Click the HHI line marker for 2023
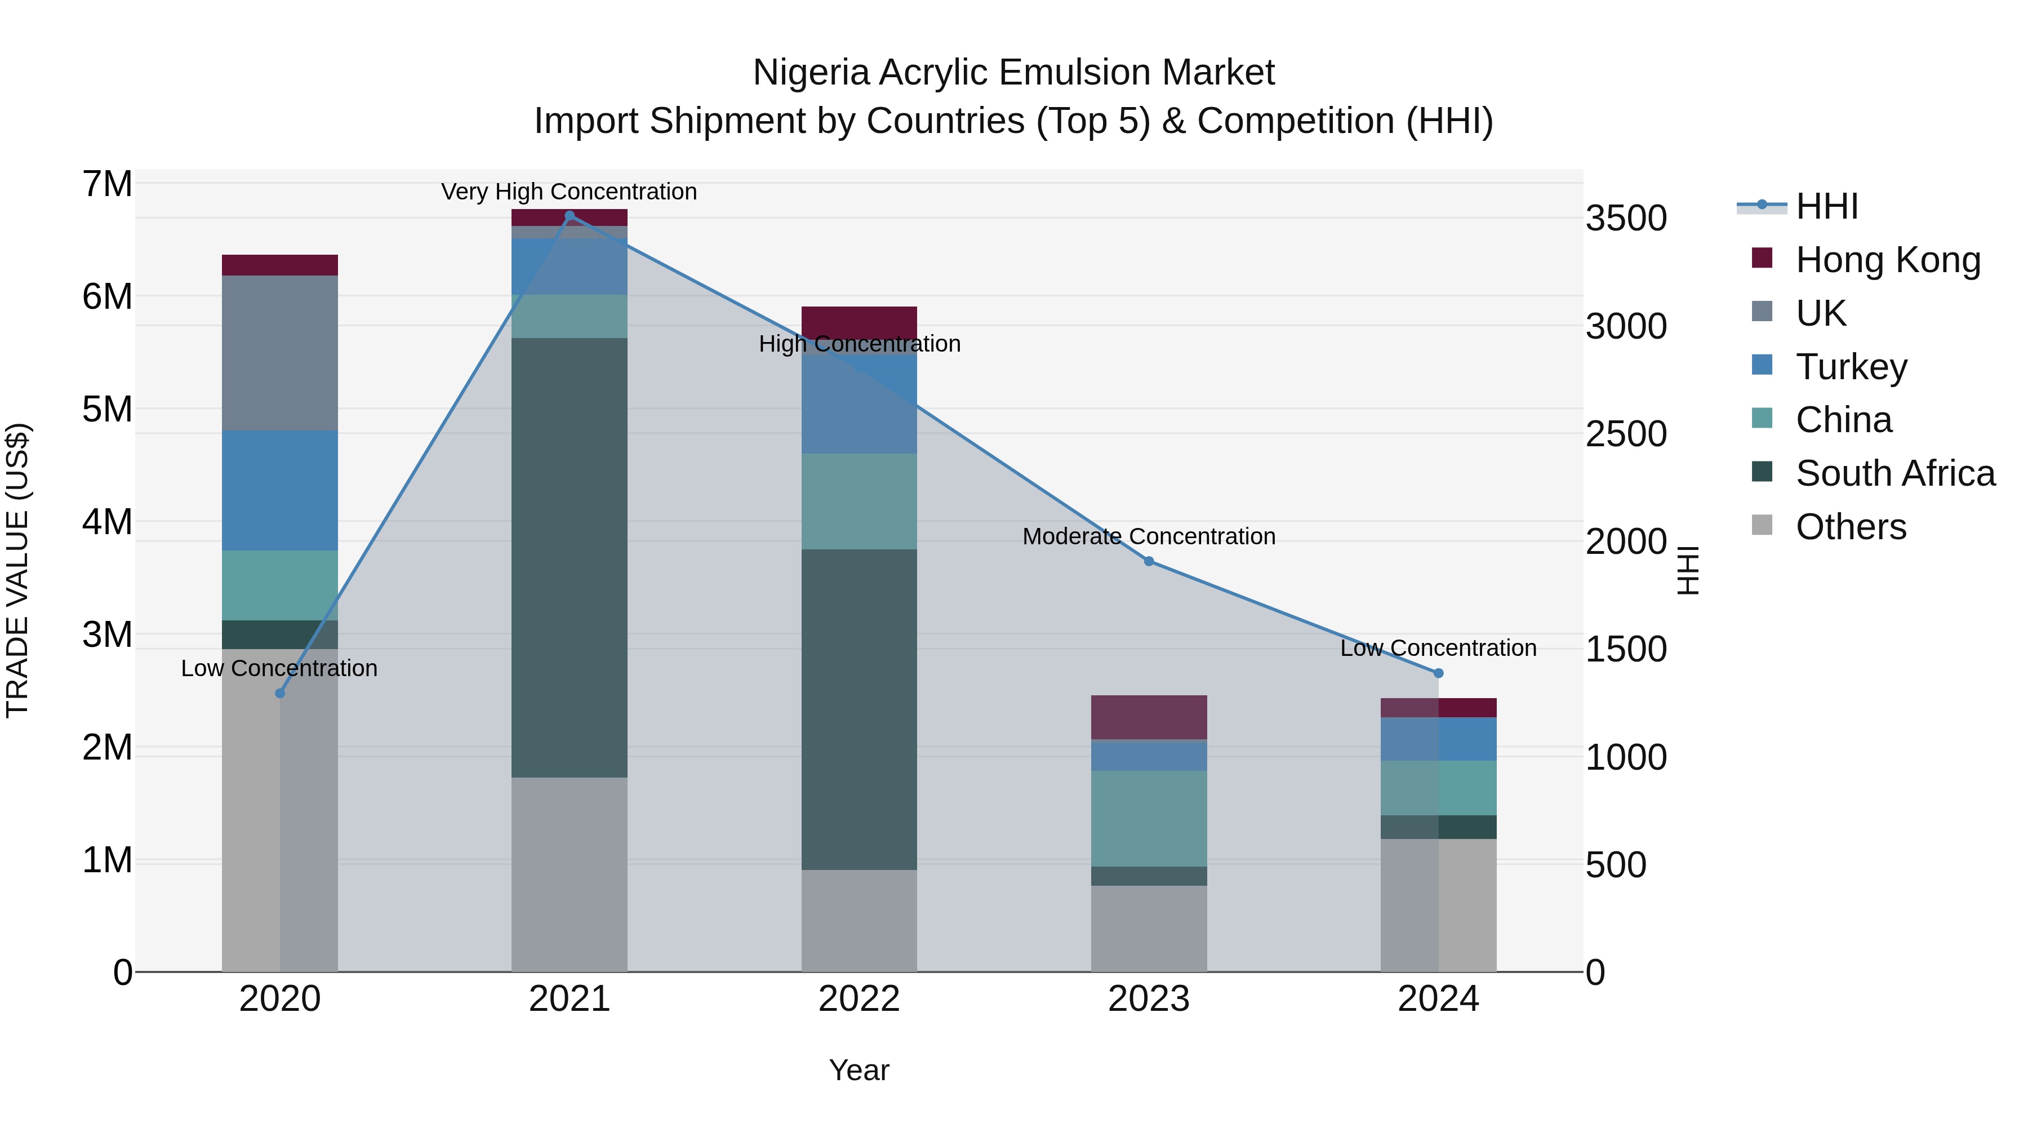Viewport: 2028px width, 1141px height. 1149,561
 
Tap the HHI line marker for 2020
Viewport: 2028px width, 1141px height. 279,693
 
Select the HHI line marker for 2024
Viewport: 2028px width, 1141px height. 1438,673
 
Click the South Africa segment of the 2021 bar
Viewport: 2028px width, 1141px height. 569,557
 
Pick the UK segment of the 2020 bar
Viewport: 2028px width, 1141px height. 279,353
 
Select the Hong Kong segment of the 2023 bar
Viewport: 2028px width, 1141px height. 1149,717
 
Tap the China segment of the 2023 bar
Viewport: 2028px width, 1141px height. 1149,818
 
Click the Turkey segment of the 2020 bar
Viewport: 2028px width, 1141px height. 279,491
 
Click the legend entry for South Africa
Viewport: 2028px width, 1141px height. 1895,473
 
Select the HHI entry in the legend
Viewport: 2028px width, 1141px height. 1826,206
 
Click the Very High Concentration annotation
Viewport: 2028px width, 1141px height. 568,192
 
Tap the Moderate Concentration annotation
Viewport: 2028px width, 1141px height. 1149,536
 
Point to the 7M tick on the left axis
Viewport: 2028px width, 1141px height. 107,184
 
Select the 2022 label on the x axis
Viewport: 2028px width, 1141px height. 859,999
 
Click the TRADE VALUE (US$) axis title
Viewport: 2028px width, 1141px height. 17,570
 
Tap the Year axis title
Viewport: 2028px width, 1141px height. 859,1070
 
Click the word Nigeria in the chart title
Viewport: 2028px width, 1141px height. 811,73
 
